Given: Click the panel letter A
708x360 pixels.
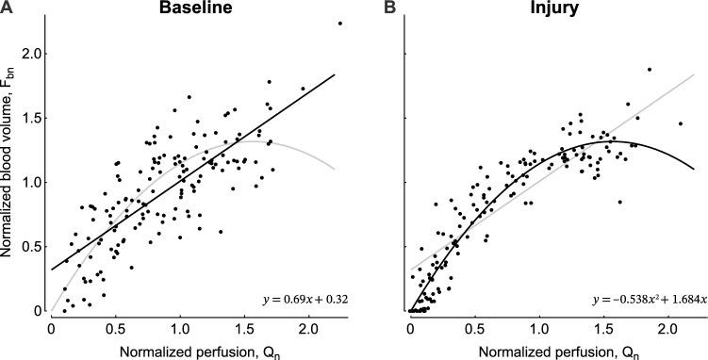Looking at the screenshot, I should [x=8, y=8].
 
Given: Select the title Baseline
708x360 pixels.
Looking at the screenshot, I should [x=197, y=8].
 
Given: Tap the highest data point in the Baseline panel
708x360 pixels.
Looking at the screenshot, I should [x=338, y=24].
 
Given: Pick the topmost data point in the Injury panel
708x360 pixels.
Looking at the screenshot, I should [x=649, y=70].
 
